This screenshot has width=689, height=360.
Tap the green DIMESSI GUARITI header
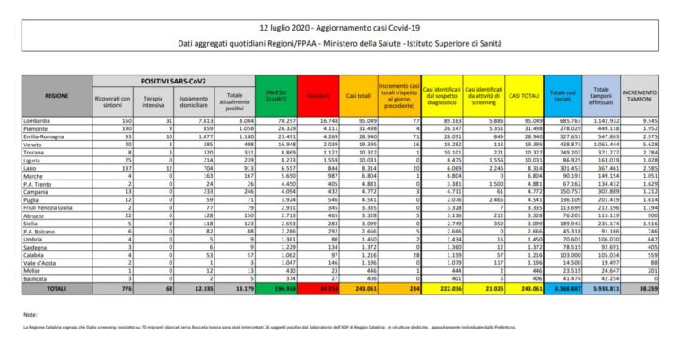tap(277, 93)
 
